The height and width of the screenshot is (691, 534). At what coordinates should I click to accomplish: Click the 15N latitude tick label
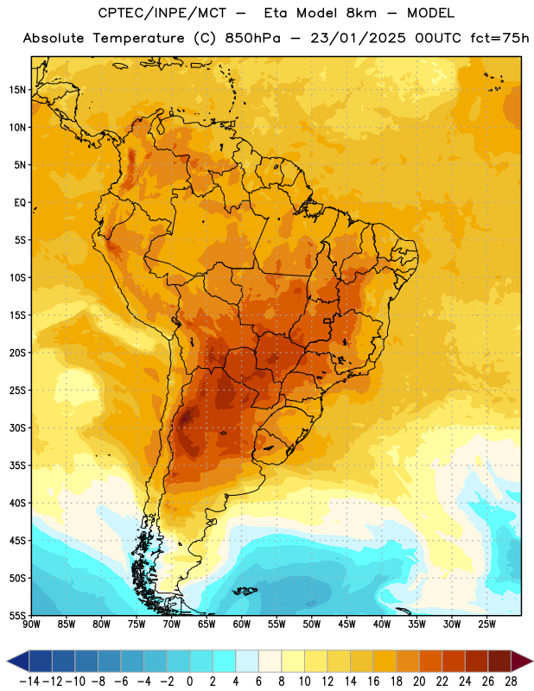17,90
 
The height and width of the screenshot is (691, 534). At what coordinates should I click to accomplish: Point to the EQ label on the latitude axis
20,203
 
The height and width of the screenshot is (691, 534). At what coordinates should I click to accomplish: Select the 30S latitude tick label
17,428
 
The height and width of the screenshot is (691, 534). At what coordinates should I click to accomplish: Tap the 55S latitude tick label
17,615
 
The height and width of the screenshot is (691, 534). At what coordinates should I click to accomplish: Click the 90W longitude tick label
31,624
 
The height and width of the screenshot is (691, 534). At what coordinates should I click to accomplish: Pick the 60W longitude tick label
242,624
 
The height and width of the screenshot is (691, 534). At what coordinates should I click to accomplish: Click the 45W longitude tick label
347,624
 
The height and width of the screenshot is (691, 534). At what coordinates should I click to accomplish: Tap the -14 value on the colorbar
29,681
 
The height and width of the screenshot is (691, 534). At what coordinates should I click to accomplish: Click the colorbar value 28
511,681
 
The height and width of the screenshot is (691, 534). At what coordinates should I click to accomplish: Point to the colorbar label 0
189,681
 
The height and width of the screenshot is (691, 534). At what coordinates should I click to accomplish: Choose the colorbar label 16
373,681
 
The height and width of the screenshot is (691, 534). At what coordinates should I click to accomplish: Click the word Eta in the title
276,13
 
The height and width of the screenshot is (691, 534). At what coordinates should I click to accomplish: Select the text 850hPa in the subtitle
252,38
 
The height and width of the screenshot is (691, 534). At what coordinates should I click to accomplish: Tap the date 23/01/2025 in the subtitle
358,38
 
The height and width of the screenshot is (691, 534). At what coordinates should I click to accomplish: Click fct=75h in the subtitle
499,38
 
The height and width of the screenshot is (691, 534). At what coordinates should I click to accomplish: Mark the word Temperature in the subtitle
138,38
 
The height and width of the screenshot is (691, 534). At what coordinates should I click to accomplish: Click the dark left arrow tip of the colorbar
8,661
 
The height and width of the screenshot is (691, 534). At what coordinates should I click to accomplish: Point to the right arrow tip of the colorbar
532,661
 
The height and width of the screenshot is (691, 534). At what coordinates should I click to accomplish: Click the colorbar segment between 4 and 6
247,661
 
